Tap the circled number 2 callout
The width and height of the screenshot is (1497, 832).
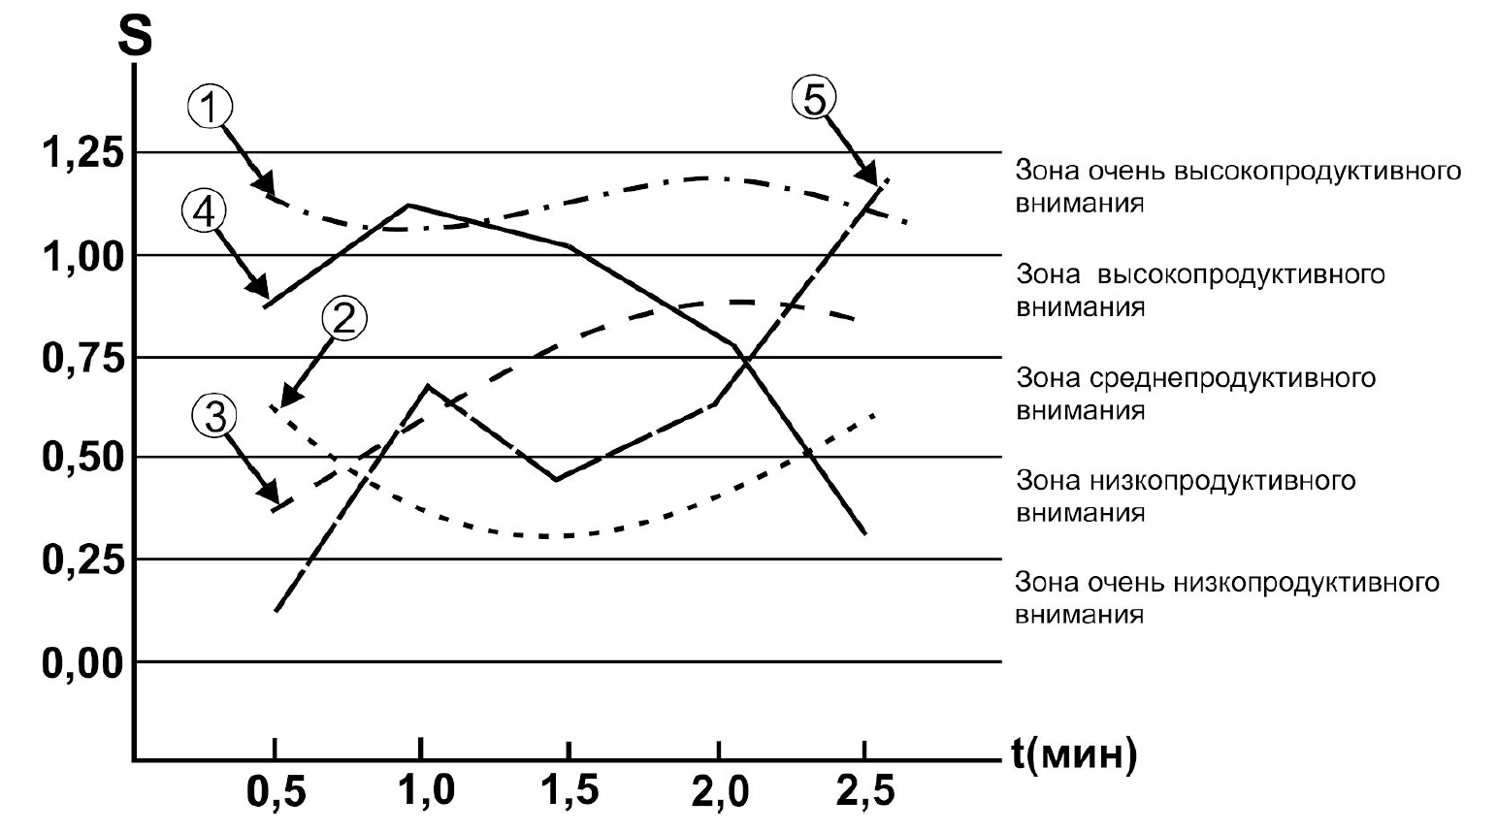tap(345, 319)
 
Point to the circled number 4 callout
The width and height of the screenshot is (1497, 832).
tap(204, 212)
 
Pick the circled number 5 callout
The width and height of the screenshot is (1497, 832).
tap(813, 99)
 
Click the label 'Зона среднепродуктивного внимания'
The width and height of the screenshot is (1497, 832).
tap(1195, 393)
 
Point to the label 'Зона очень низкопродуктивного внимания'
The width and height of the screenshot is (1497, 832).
tap(1226, 598)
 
